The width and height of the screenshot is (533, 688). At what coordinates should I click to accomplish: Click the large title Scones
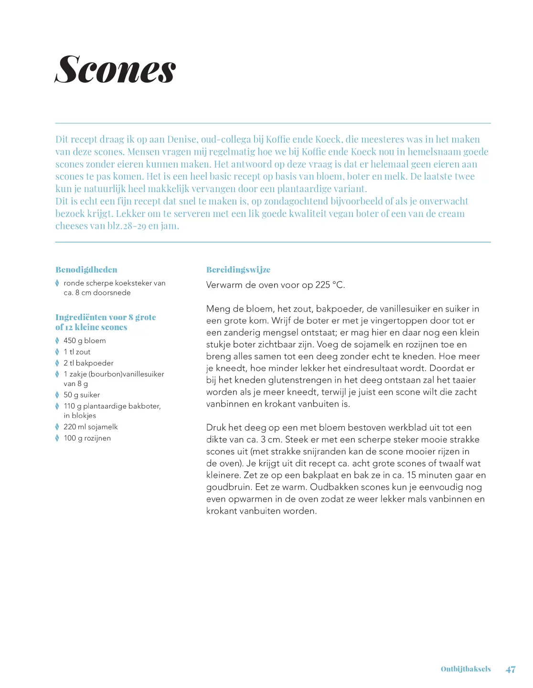116,70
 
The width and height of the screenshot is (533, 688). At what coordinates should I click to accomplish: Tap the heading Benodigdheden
86,269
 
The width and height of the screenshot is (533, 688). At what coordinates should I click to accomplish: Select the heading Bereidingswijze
238,269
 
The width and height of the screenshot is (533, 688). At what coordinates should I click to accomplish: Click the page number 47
510,669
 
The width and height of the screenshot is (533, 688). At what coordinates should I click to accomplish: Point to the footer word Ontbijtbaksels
465,669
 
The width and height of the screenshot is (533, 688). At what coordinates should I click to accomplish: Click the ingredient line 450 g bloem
85,341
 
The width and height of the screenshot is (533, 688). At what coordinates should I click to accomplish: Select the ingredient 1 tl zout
77,352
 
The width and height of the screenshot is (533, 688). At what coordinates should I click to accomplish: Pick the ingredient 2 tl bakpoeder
88,363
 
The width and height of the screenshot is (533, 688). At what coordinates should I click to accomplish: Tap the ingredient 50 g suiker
82,395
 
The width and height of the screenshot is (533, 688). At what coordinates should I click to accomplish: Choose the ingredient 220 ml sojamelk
90,427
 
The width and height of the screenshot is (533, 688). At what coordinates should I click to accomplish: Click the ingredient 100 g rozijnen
87,438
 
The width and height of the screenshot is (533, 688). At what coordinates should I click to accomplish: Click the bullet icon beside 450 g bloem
57,341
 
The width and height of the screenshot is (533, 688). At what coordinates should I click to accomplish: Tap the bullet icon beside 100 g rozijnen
57,438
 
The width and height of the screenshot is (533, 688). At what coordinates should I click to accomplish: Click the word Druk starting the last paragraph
216,428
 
